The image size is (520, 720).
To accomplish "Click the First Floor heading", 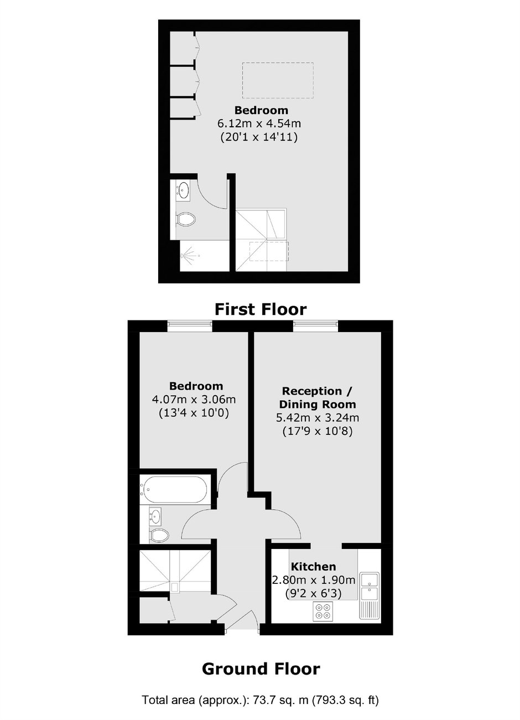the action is coord(261,309).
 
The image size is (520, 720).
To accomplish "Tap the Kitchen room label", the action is coord(313,566).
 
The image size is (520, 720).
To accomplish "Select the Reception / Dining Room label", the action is coord(318,397).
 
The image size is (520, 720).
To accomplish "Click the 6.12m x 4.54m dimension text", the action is coord(259,123).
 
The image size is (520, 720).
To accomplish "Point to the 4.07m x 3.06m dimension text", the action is coord(194,400).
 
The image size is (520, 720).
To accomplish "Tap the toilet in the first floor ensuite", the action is coord(186,220).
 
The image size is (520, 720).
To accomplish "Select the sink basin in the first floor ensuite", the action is coord(184,190).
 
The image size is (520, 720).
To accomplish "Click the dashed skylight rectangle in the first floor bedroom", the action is coord(278,80).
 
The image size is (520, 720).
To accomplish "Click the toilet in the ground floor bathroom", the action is coord(159,536).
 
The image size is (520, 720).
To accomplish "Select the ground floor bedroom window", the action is coord(190,326).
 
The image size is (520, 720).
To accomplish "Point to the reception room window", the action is coord(315,326).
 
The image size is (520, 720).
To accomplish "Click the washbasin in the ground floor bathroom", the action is coord(155,516).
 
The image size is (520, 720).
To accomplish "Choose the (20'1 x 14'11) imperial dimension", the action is coord(259,137).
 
